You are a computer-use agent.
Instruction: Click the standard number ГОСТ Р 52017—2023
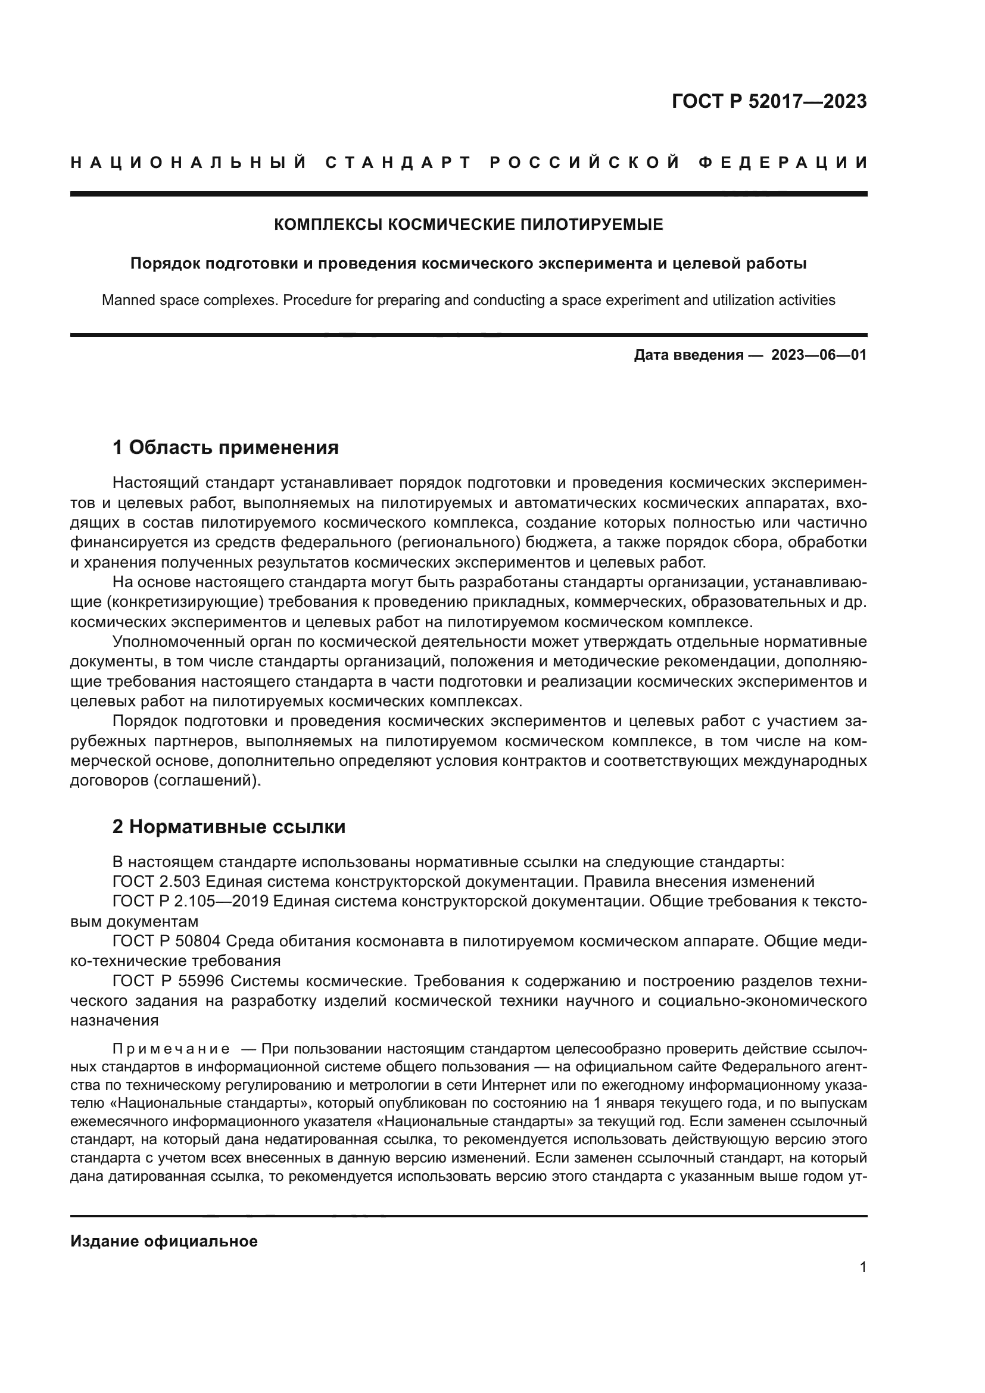[x=769, y=101]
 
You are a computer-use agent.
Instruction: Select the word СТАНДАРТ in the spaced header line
[x=398, y=163]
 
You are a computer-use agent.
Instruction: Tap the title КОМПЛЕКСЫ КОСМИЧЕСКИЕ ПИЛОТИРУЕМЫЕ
[x=468, y=225]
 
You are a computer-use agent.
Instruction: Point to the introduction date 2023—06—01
[x=819, y=355]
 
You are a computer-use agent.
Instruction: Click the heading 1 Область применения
[x=225, y=448]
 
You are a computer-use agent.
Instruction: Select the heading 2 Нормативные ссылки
[x=229, y=827]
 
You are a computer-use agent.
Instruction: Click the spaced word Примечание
[x=171, y=1049]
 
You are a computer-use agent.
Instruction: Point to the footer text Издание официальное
[x=164, y=1241]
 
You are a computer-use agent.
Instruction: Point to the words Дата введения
[x=688, y=355]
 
